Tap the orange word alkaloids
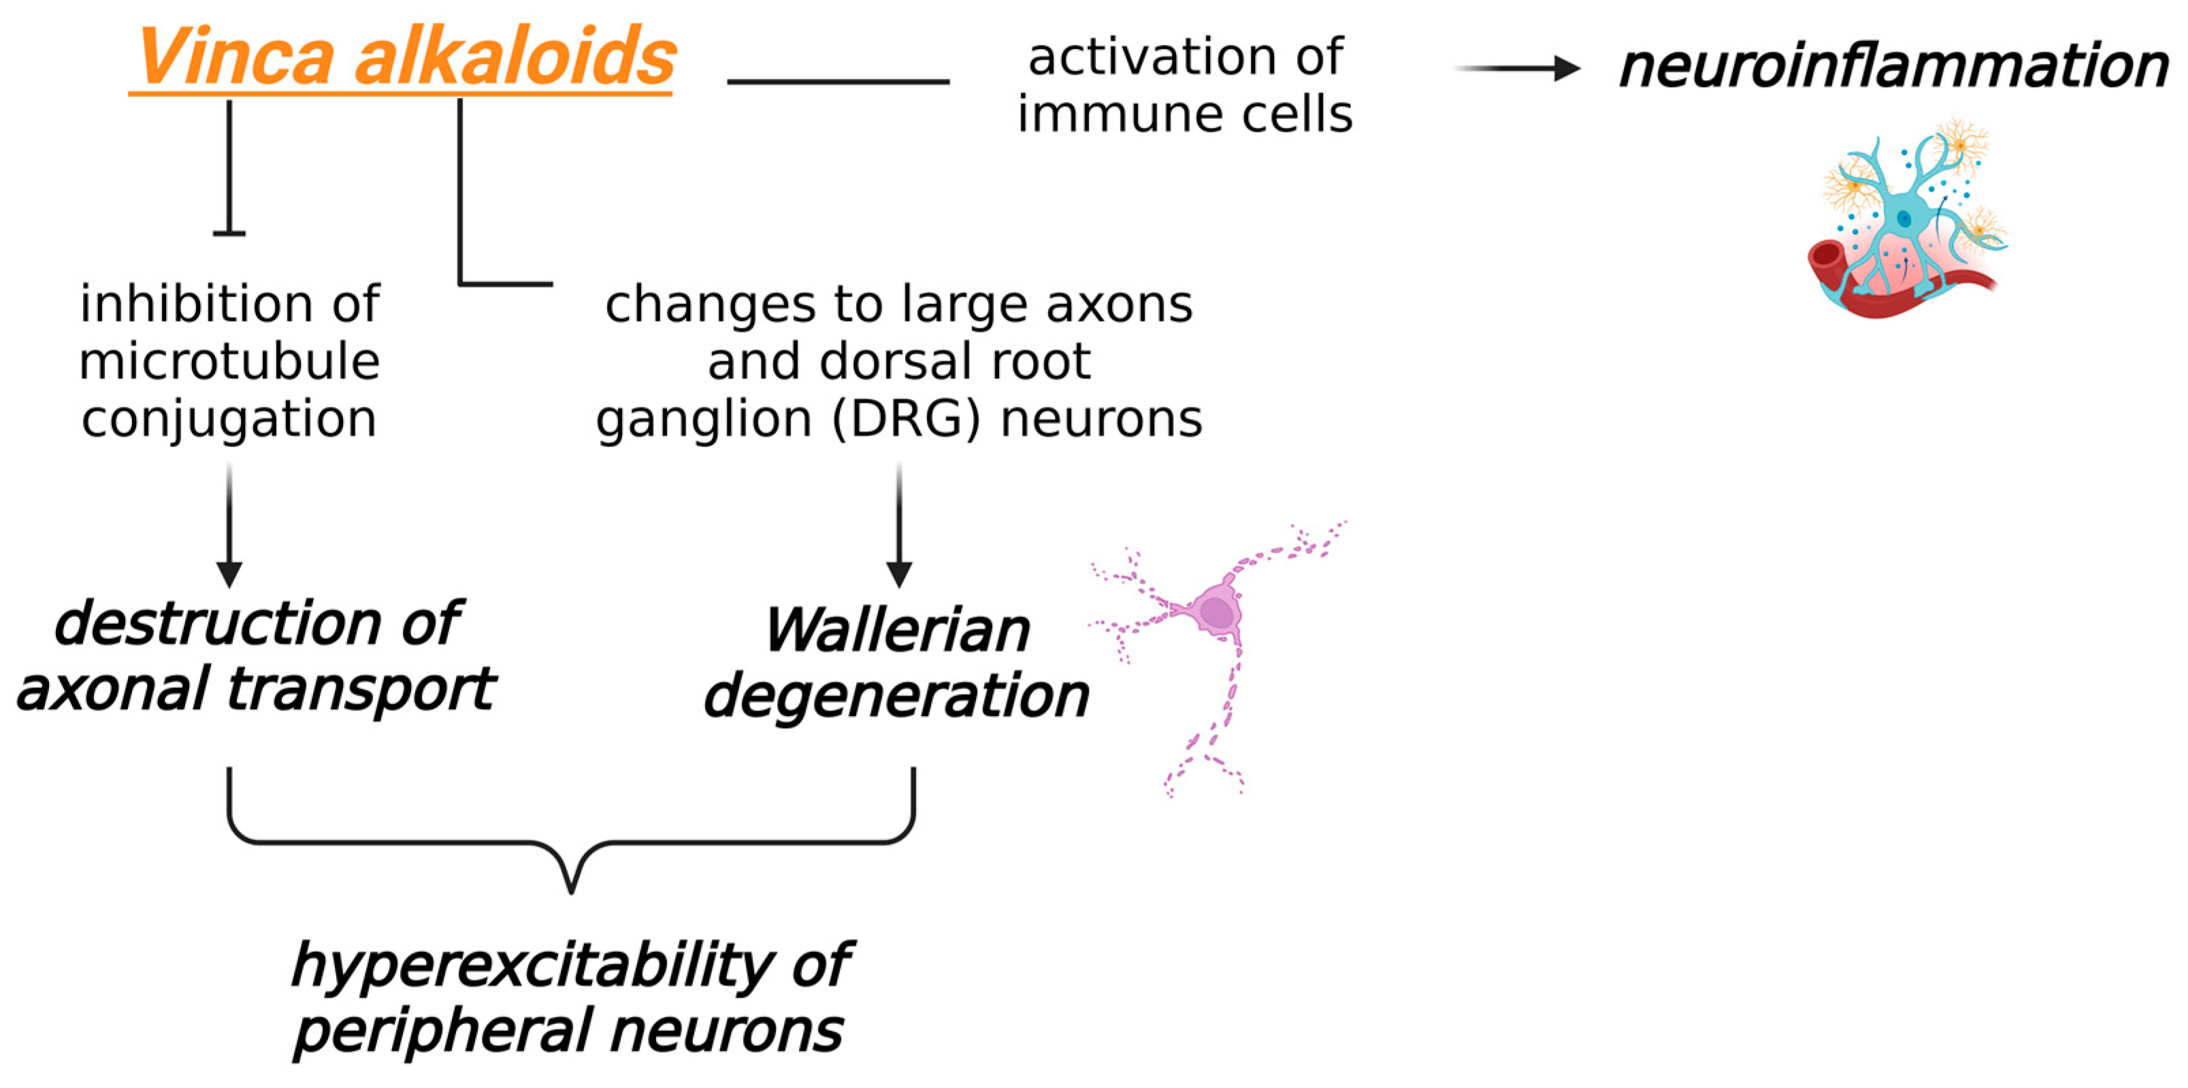515,57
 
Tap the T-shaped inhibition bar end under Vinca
229,232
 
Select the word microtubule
229,361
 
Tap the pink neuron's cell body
1216,612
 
